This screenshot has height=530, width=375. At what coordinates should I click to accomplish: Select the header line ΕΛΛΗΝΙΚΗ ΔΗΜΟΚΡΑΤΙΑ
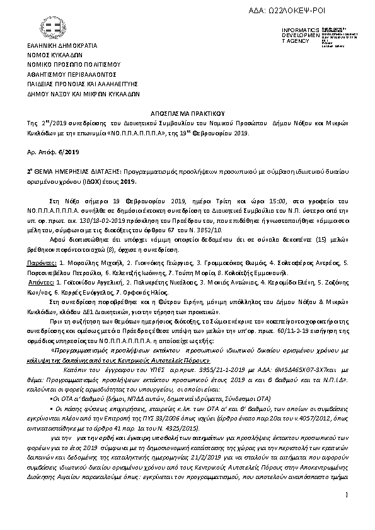click(x=62, y=47)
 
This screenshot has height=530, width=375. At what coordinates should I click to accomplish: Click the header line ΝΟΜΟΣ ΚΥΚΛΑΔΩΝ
click(x=55, y=56)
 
